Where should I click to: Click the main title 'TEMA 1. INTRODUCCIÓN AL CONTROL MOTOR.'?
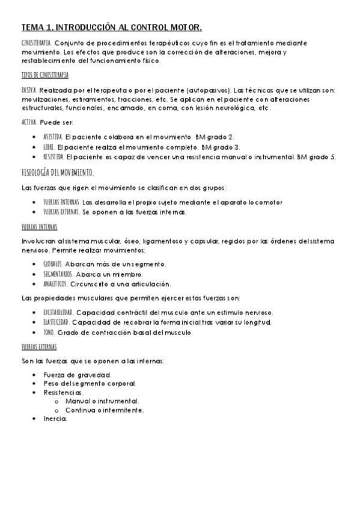tap(112, 28)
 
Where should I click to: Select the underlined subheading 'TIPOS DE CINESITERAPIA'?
tap(44, 75)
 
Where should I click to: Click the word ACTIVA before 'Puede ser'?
tap(28, 122)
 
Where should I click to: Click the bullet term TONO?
tap(49, 333)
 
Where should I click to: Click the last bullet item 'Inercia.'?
tap(55, 419)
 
